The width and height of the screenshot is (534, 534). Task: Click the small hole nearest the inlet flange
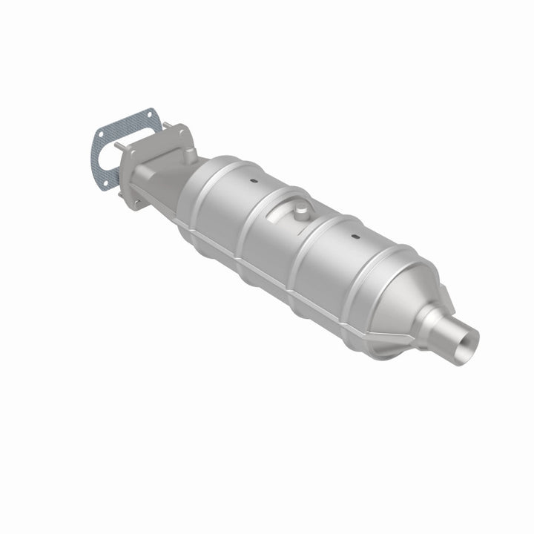[x=250, y=180]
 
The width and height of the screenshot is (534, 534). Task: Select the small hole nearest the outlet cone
[x=355, y=237]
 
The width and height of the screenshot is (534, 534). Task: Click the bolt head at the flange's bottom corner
[x=138, y=202]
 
